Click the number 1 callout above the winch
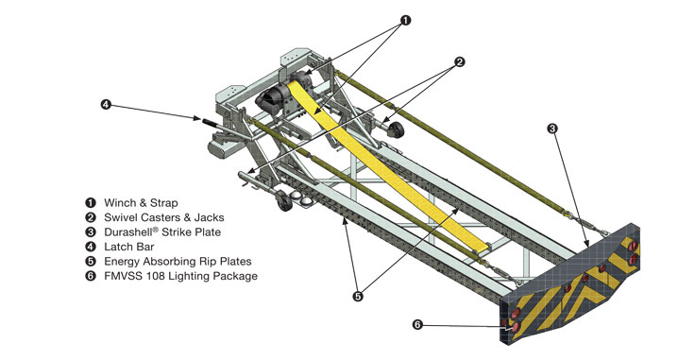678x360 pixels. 405,20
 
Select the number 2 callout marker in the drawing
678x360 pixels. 460,61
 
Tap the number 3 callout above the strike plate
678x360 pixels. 552,129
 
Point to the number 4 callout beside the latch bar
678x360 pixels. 106,104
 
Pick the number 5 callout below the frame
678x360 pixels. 358,297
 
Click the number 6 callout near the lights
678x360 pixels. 416,324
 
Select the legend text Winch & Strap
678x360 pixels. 141,203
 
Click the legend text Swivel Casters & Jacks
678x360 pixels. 164,217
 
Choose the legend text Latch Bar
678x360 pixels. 128,247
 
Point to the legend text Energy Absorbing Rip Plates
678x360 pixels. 178,262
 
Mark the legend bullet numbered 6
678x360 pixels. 91,276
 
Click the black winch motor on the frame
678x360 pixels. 270,98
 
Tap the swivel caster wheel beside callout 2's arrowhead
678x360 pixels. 396,129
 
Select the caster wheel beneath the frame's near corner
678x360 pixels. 284,200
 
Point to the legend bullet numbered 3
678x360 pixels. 91,231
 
